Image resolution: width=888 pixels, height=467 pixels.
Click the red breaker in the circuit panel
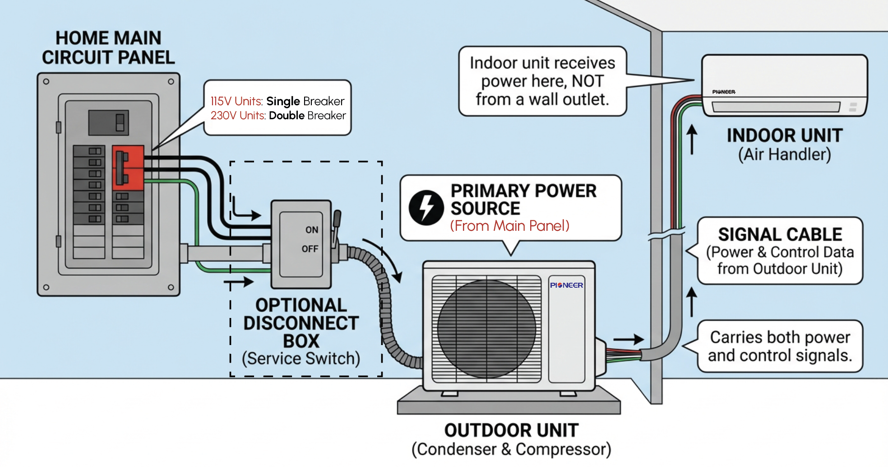(128, 168)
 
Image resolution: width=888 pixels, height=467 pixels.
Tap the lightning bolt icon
(426, 208)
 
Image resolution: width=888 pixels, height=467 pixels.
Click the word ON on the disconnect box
(312, 230)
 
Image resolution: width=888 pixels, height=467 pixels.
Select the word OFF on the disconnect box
(310, 249)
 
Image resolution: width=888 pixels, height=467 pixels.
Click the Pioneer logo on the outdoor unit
(566, 285)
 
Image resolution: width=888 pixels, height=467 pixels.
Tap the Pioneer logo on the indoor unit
(724, 92)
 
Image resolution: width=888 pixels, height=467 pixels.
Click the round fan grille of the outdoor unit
(486, 328)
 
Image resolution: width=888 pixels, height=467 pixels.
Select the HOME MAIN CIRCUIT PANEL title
(108, 47)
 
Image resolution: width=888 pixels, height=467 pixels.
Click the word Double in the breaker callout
(287, 116)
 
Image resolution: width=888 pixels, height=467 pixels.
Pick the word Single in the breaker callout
(283, 101)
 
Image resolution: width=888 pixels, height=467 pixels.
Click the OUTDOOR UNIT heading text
(511, 430)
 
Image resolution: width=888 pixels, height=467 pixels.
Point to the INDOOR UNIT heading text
(784, 135)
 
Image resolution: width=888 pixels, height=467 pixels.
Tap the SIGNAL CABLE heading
(780, 234)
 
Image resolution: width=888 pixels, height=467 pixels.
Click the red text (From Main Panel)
(509, 226)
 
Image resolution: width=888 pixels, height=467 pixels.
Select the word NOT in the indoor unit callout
(587, 81)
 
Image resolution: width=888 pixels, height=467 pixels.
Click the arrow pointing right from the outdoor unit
(628, 339)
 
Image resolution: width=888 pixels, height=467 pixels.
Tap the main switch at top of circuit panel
(109, 122)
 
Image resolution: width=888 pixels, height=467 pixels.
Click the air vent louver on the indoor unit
(776, 107)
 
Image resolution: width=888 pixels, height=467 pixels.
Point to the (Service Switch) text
(301, 359)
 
